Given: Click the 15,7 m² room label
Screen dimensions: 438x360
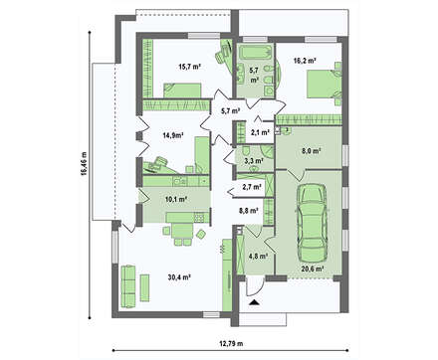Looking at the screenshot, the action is point(190,67).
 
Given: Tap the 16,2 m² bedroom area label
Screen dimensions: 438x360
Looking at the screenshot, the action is point(305,61).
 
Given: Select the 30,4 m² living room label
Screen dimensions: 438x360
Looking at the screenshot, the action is point(179,277).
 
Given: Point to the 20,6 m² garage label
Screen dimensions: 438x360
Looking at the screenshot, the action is point(313,270).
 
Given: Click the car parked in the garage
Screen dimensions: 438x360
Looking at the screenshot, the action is point(312,223).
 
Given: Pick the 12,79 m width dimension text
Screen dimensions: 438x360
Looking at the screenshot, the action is point(231,343).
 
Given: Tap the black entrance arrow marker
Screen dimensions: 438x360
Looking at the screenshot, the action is point(254,302).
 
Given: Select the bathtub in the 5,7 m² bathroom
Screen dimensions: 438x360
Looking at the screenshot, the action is point(255,53).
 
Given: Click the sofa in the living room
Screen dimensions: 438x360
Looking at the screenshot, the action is point(127,286).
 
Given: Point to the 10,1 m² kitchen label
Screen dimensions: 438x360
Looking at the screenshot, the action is point(176,199).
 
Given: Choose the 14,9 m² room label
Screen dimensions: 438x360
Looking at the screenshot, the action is point(173,135).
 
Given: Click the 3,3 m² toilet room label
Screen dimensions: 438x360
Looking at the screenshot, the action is point(254,161).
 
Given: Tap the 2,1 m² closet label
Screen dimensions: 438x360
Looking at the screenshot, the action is point(260,132).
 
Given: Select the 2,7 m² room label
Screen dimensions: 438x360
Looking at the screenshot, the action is point(252,187).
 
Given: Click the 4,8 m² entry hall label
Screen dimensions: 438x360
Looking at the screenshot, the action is point(258,256).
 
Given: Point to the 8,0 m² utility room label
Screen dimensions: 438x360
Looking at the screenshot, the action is point(311,151).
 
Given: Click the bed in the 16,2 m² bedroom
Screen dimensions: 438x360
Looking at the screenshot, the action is point(321,84).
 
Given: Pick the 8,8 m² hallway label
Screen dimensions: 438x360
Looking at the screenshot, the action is point(249,210).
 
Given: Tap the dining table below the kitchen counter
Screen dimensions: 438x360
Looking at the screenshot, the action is point(182,230).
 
